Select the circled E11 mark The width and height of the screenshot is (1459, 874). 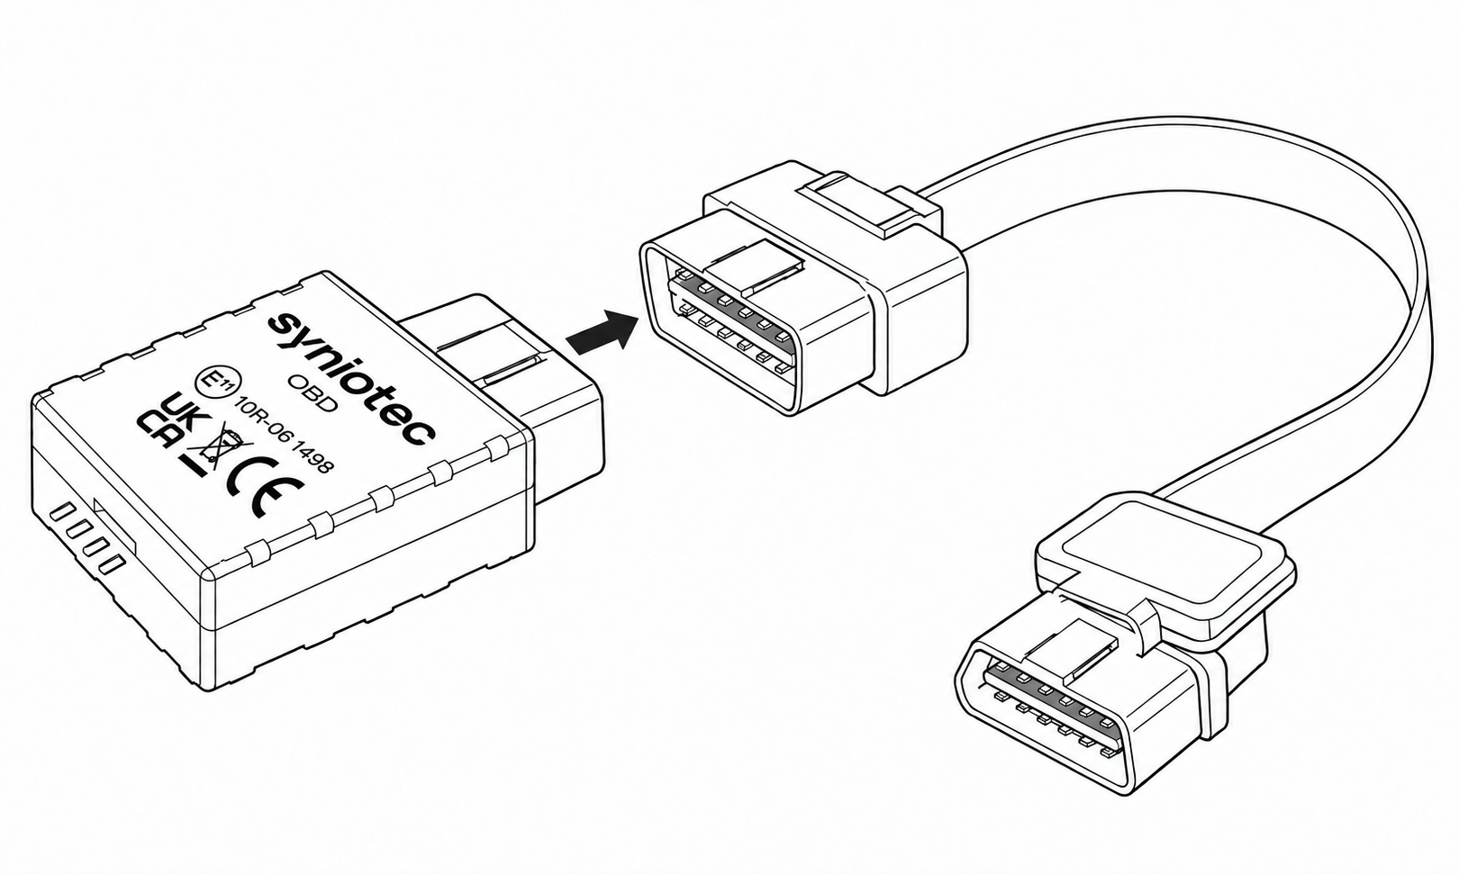218,383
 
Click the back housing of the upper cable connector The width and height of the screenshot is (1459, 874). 911,312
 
